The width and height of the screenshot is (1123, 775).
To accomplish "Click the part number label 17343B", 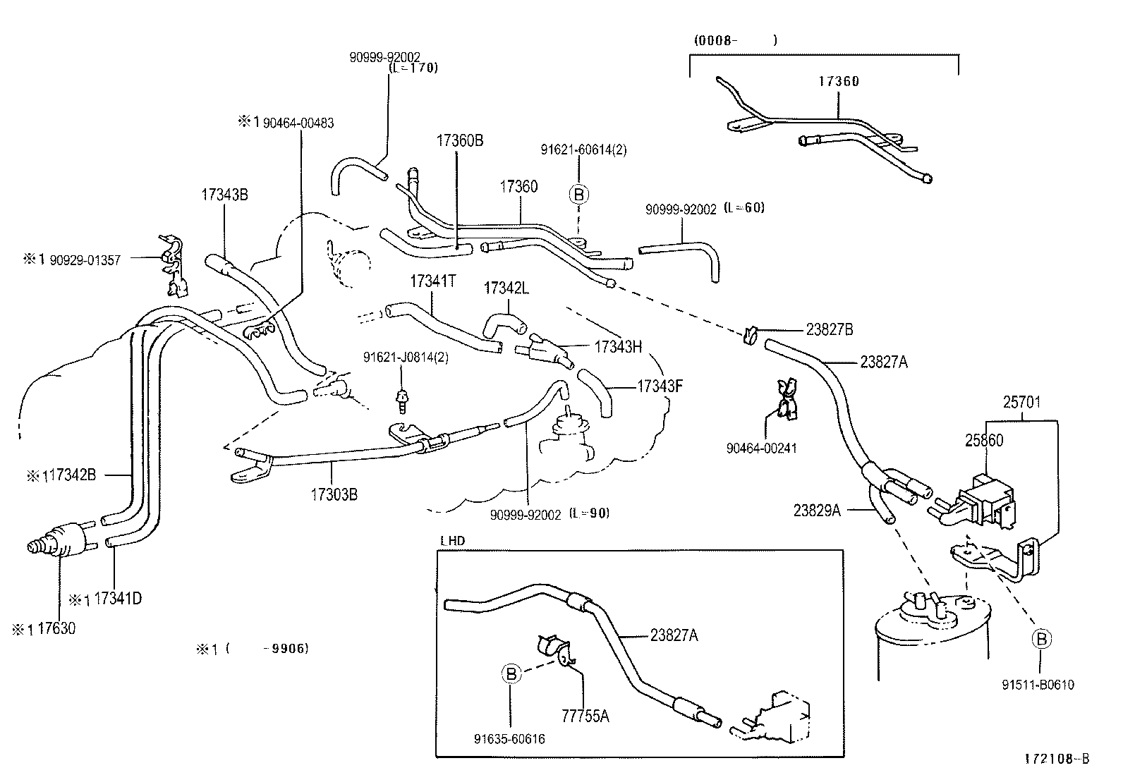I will (x=224, y=195).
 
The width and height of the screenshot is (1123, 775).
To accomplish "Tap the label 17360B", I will (x=459, y=140).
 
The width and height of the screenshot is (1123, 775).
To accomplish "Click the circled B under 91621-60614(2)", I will (x=578, y=194).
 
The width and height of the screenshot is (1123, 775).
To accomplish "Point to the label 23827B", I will (x=830, y=329).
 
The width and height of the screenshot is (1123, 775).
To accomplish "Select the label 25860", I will (x=984, y=440).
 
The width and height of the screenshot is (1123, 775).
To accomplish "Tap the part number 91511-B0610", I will (x=1038, y=685).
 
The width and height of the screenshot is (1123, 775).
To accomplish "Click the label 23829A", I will (x=817, y=511).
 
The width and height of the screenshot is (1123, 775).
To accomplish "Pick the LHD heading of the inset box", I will (x=452, y=542).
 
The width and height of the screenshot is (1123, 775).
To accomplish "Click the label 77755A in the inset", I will (x=585, y=716).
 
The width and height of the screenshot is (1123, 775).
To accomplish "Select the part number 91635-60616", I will (x=509, y=739).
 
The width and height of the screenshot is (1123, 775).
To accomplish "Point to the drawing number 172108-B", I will (x=1057, y=759).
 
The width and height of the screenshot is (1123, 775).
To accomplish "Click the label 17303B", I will (x=334, y=494).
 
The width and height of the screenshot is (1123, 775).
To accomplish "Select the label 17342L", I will (x=506, y=288).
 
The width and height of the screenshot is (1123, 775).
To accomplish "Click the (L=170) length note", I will (x=413, y=68).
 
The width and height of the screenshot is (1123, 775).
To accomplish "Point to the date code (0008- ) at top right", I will (x=734, y=40).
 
